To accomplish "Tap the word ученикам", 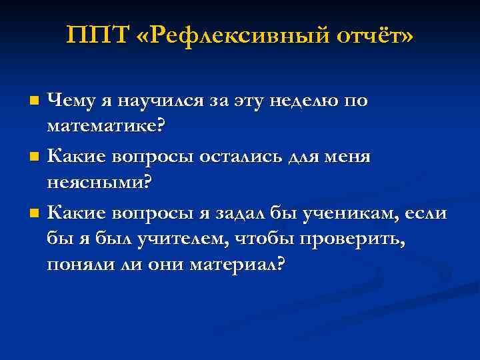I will click(x=344, y=213).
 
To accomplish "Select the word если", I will click(x=428, y=213).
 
